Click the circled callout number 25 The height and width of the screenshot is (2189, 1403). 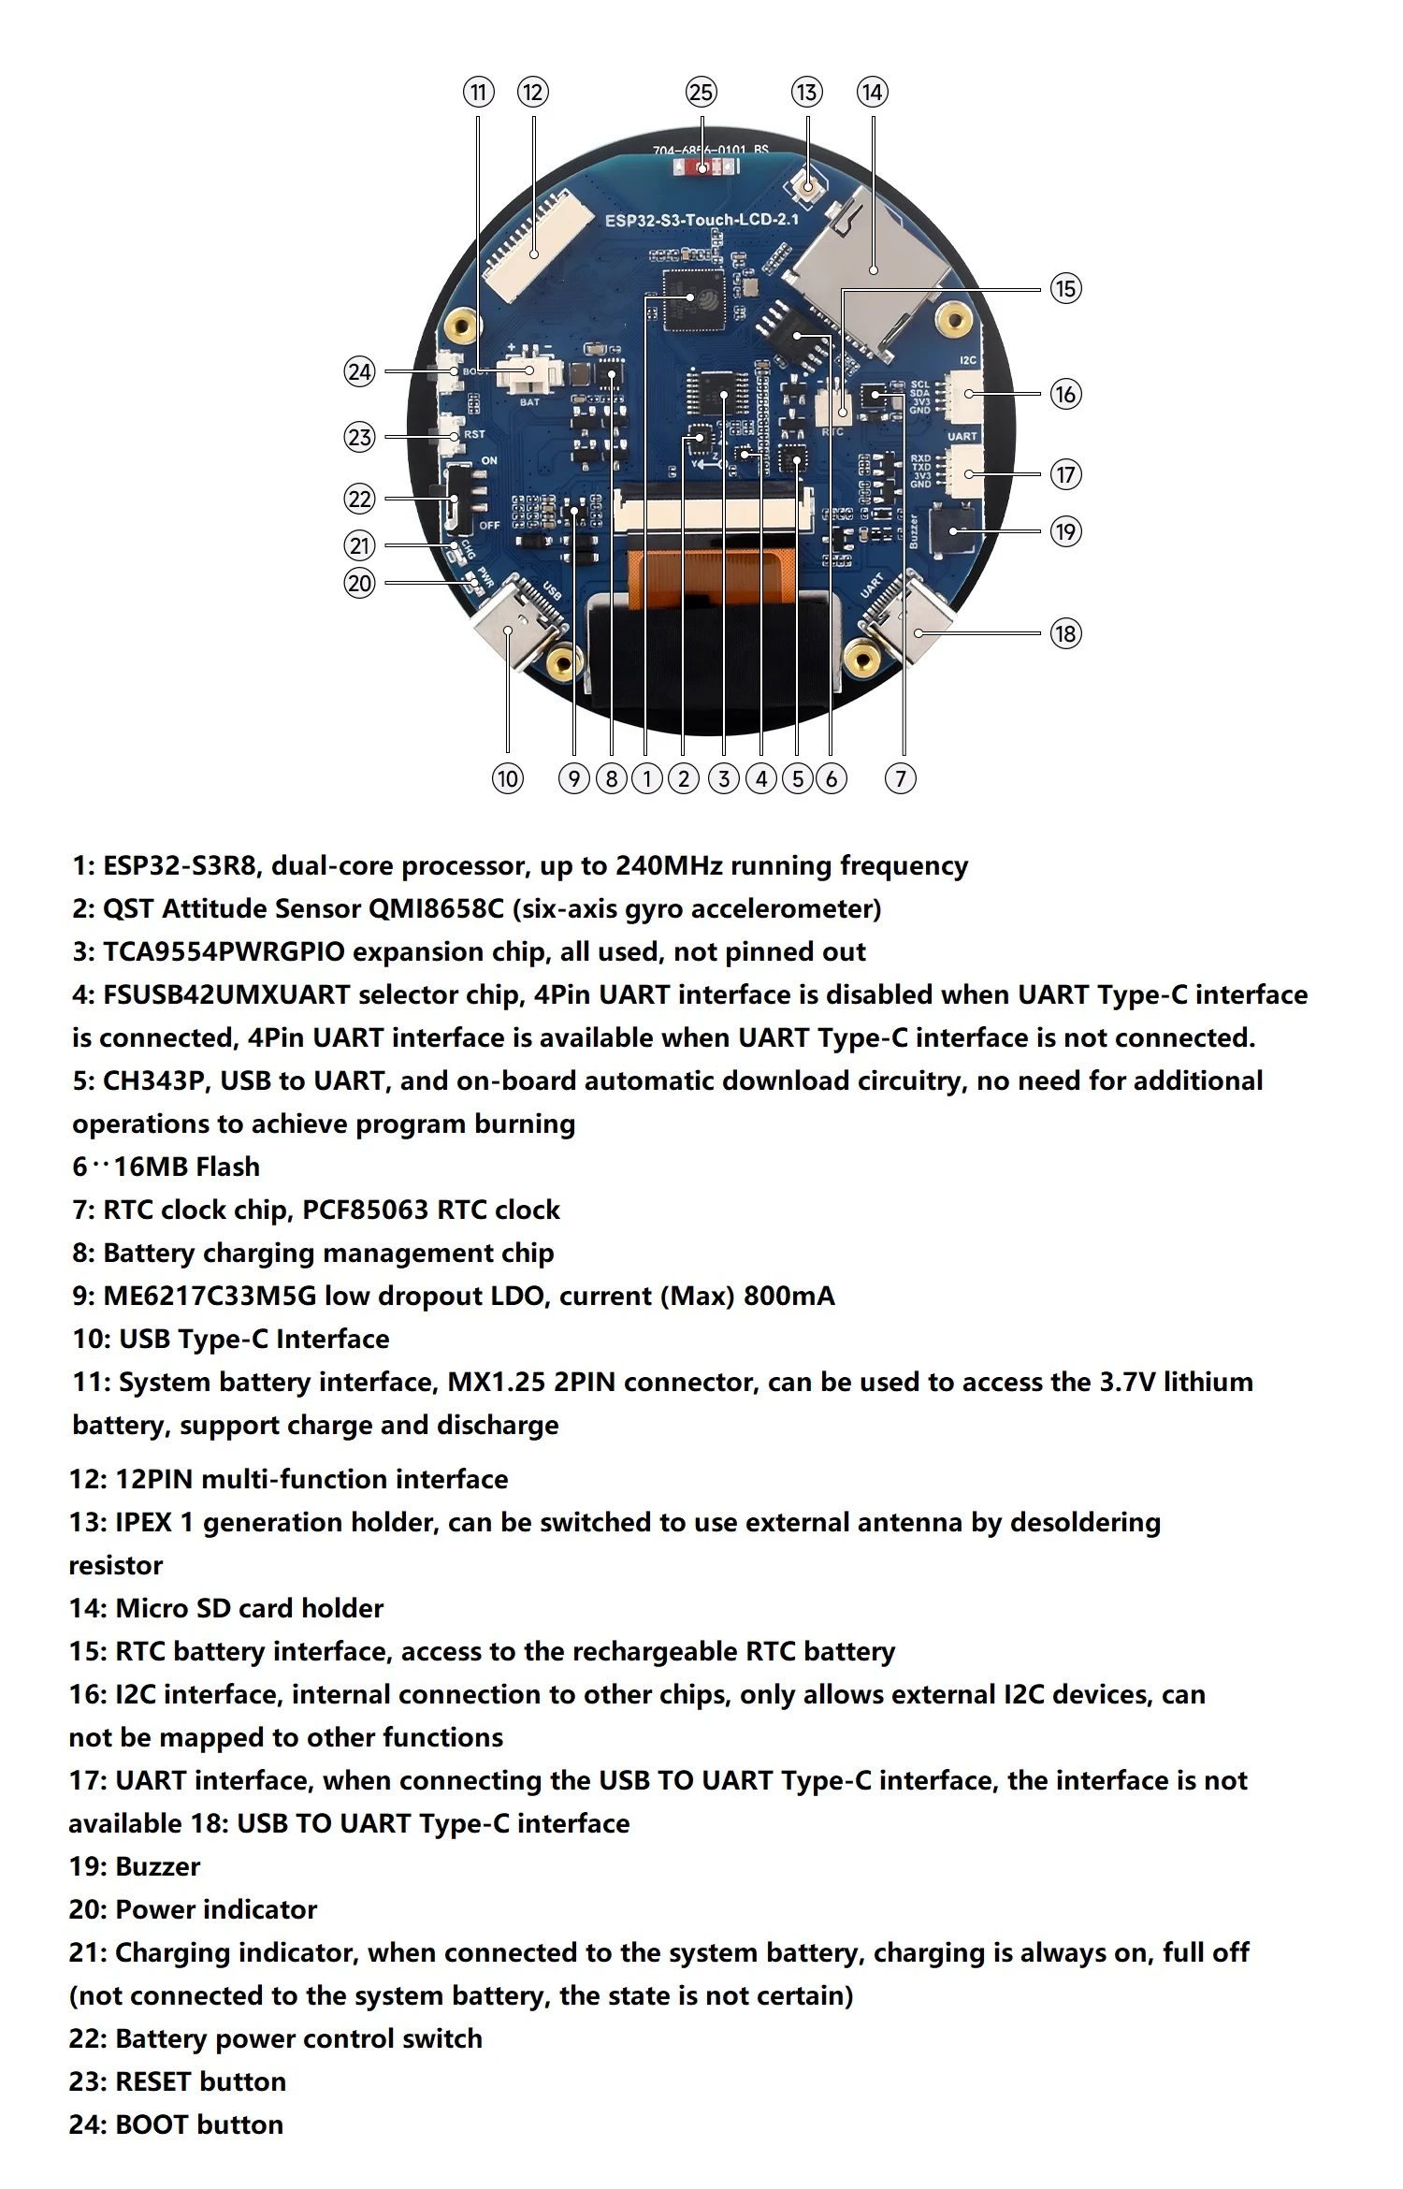click(701, 93)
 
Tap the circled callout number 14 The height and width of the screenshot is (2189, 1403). click(872, 93)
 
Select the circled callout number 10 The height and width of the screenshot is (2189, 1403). click(507, 778)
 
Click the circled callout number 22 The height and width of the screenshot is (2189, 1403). click(359, 499)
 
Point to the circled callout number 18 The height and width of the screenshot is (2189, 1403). click(1064, 633)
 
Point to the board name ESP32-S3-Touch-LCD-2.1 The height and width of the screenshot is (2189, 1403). click(701, 220)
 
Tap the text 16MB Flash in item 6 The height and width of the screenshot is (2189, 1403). click(186, 1167)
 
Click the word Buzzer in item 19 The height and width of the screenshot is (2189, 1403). click(157, 1866)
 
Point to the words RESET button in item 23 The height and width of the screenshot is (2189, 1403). click(200, 2081)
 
